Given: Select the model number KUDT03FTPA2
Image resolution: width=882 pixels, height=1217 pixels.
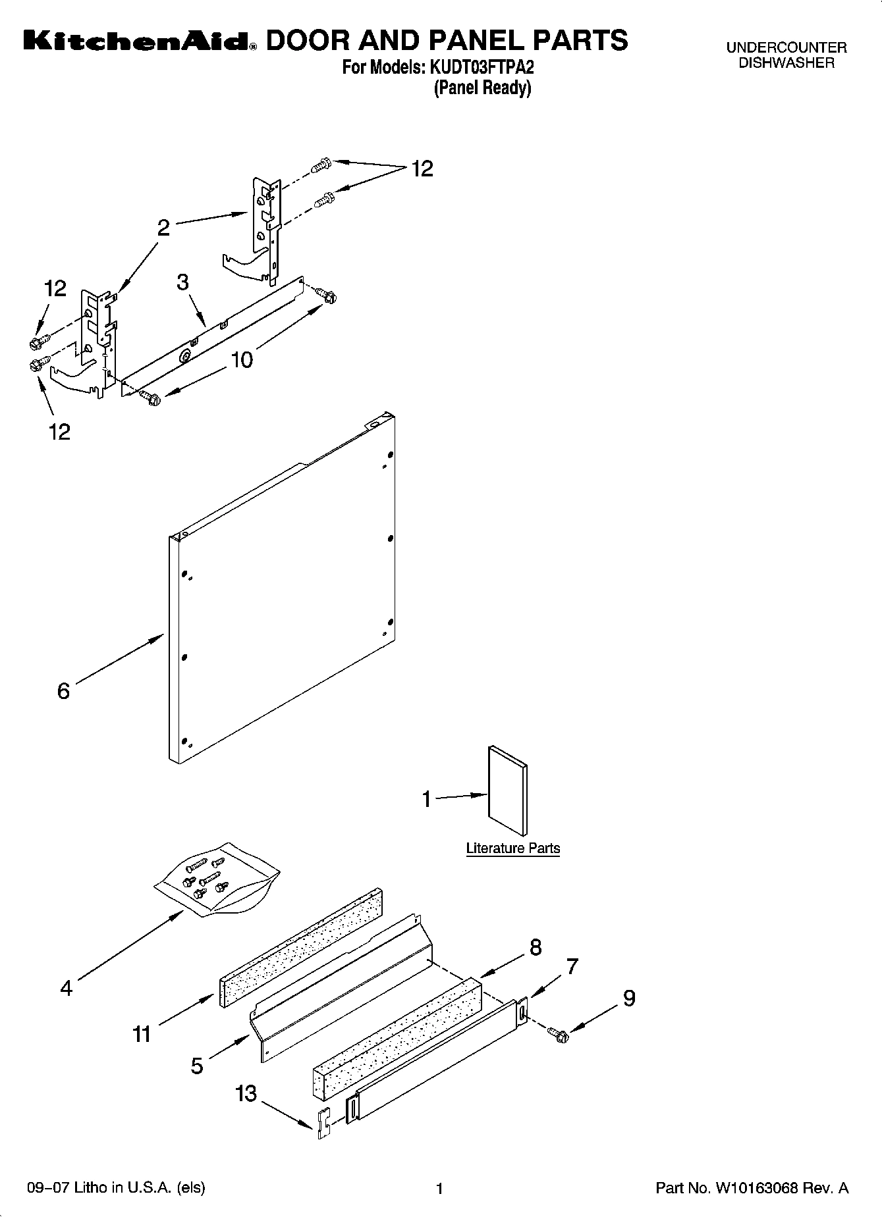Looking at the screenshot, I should coord(482,68).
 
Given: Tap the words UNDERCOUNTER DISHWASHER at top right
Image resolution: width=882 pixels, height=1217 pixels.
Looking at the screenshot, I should coord(786,55).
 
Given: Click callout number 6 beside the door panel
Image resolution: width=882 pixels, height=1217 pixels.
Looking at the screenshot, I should coord(63,691).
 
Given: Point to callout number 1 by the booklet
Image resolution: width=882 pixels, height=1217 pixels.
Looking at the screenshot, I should coord(427,800).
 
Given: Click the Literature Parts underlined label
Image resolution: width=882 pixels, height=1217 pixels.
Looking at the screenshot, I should coord(512,848).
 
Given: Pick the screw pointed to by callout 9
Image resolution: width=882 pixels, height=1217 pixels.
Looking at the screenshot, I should coord(561,1036).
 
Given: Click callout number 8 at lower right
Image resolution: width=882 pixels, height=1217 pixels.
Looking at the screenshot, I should coord(536,947).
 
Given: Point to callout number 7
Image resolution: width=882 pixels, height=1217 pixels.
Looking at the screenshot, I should coord(572,966).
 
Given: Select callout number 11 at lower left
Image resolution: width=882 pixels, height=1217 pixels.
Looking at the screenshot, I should coord(142,1034).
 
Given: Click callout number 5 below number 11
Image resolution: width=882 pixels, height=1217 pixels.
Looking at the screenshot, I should coord(197,1066).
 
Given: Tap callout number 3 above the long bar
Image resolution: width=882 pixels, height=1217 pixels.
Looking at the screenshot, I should coord(182,282).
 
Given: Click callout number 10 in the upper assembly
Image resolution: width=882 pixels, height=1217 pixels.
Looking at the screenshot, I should coord(242,360).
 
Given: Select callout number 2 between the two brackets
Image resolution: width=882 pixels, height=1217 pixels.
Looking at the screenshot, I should coord(163,228).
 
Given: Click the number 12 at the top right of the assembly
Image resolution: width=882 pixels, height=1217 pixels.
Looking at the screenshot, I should coord(422,169).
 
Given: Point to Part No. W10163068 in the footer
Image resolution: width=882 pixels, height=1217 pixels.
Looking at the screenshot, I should coord(752,1188).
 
